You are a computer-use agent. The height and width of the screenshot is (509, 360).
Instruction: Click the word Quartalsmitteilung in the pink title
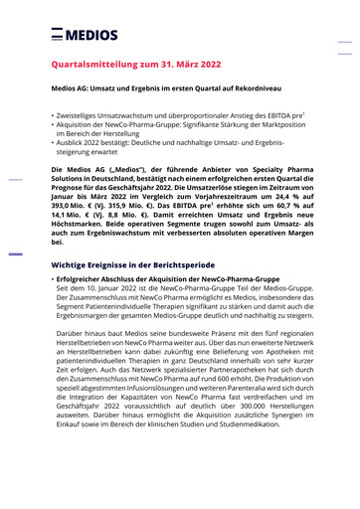tap(95, 65)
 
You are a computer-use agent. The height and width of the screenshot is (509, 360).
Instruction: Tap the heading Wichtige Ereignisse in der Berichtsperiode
tap(140, 265)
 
